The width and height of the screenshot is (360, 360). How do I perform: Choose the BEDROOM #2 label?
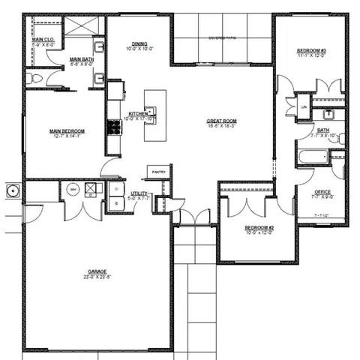point(259,227)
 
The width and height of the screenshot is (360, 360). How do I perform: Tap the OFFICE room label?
point(322,192)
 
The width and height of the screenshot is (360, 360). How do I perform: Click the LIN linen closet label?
point(304,107)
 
